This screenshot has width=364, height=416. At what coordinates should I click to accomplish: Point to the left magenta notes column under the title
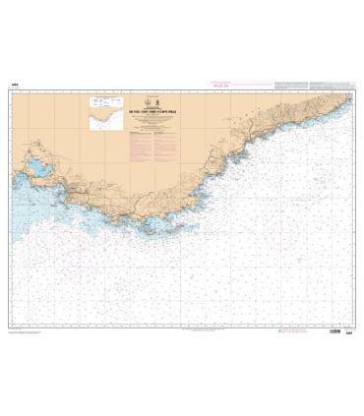coord(146,138)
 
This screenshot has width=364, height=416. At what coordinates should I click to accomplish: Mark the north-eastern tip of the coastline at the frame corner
coord(347,94)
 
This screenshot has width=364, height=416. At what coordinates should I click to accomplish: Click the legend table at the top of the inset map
coord(99,98)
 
